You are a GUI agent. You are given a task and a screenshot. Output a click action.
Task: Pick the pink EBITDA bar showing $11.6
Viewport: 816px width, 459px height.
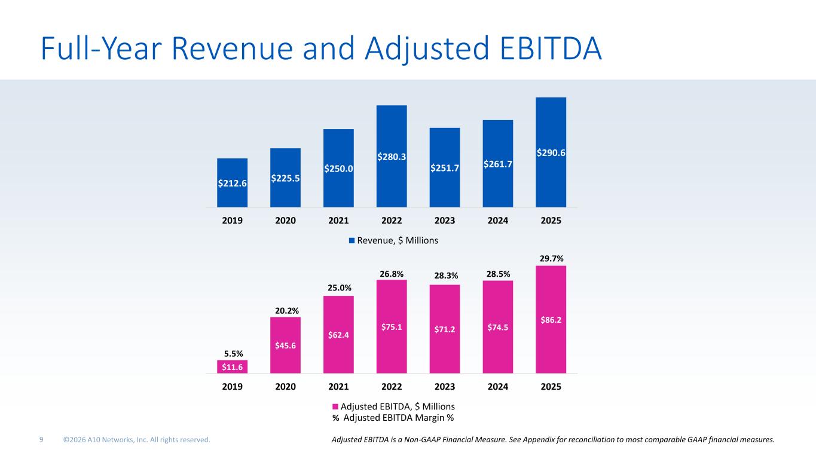click(x=233, y=366)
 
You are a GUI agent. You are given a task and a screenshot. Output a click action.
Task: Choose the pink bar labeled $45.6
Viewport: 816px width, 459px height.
click(x=286, y=345)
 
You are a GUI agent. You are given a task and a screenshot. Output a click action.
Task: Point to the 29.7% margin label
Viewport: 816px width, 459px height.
click(x=551, y=258)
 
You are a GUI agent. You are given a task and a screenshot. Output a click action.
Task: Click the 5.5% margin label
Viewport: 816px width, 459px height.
click(x=233, y=353)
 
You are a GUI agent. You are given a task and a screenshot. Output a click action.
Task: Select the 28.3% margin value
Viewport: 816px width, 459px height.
click(x=444, y=276)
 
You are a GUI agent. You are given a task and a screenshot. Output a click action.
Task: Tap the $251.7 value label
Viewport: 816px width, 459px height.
click(x=444, y=168)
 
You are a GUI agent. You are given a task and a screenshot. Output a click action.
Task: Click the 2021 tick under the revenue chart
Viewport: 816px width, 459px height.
click(x=338, y=221)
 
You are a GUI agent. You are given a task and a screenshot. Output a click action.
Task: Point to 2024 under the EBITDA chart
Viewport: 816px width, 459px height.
click(x=497, y=387)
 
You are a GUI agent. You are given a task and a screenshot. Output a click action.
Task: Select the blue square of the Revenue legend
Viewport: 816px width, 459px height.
click(x=352, y=240)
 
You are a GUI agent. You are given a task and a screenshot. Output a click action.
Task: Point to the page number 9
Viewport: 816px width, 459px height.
click(x=41, y=440)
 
